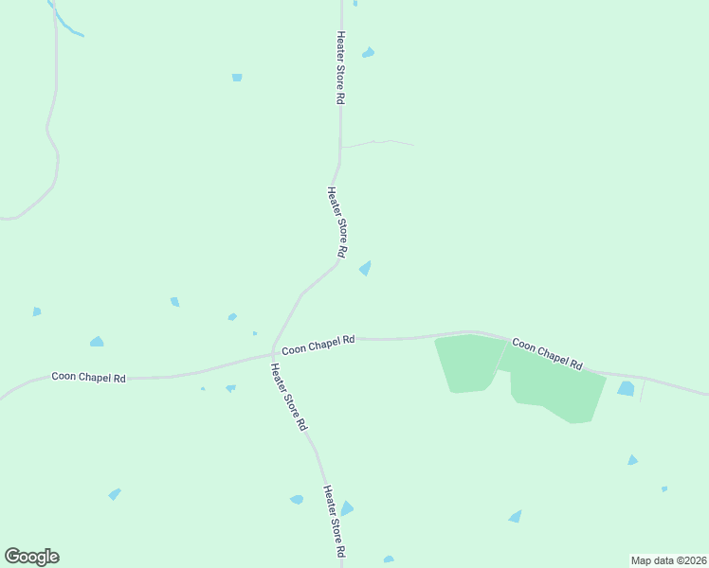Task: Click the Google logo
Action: [x=31, y=557]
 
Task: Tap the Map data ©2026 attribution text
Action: [x=668, y=559]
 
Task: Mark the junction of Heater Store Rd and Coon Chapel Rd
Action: [x=273, y=355]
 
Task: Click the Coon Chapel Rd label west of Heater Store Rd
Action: [x=88, y=377]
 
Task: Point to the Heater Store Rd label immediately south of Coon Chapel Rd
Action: [x=288, y=398]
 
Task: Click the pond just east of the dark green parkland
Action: [x=626, y=388]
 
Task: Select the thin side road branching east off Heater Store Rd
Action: [x=377, y=143]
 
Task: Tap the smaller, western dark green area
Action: [x=467, y=363]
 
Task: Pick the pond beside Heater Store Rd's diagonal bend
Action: [x=365, y=269]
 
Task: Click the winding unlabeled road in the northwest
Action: [x=53, y=142]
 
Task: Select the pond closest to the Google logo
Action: [x=115, y=494]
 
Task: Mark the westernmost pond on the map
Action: [x=36, y=311]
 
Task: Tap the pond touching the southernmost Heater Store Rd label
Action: [x=347, y=508]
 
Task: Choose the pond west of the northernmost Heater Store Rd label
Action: [x=237, y=77]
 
